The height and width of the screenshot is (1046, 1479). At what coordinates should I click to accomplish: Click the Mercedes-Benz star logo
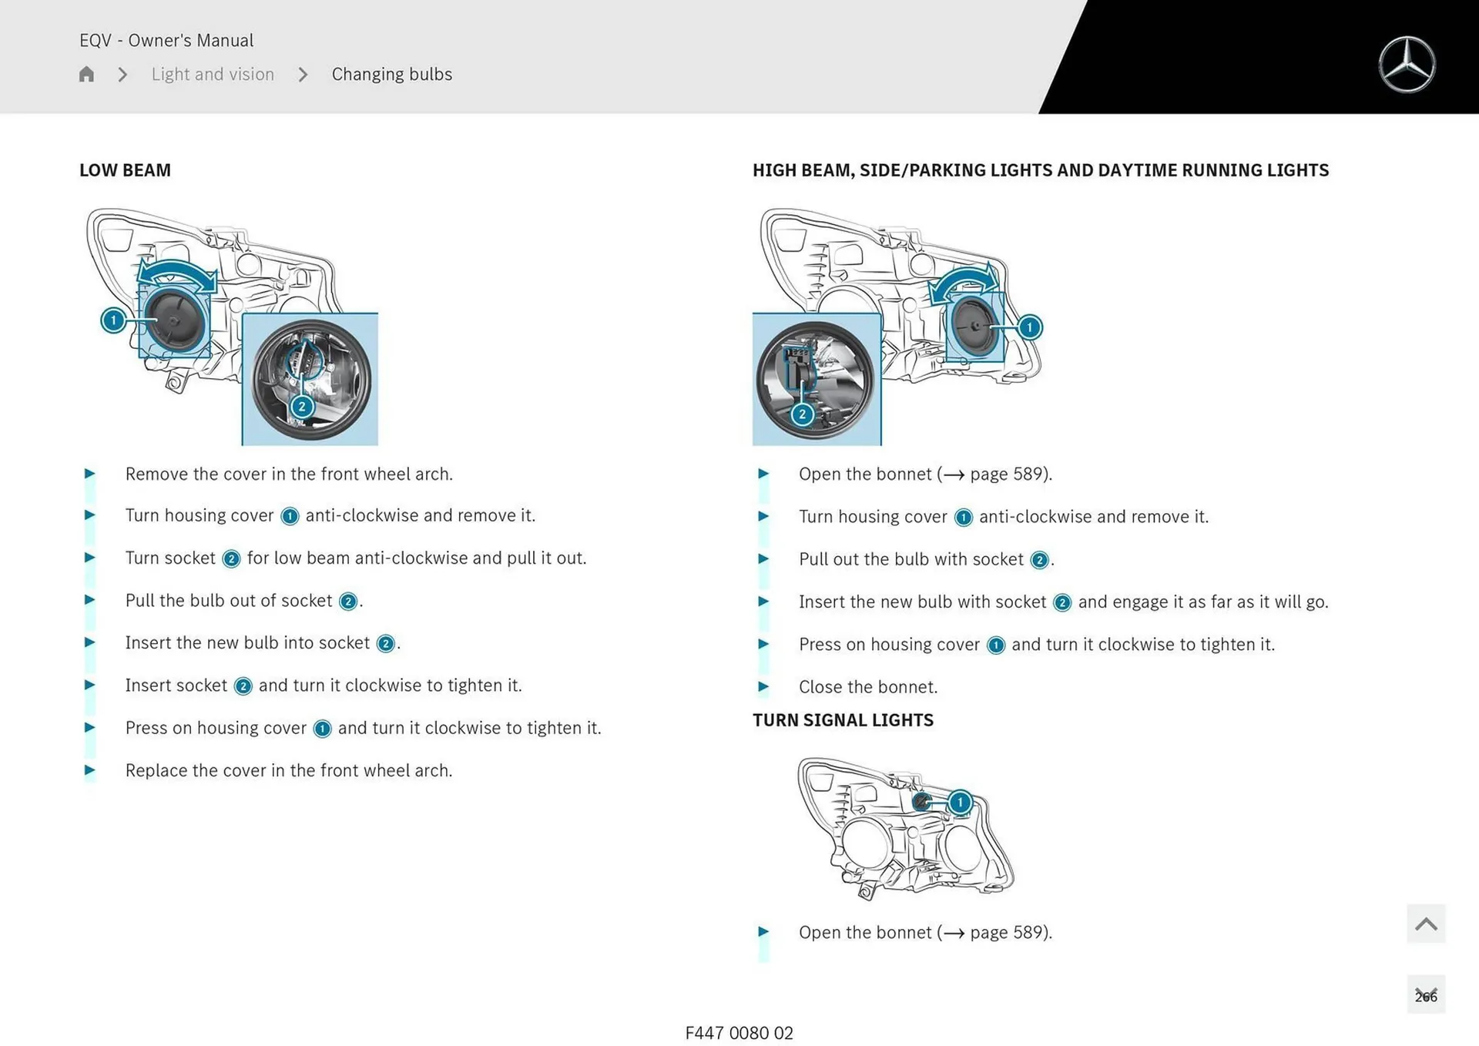(1407, 65)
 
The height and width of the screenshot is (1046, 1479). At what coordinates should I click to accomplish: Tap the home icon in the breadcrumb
(86, 74)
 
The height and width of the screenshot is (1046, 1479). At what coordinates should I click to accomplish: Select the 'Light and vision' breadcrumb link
(213, 74)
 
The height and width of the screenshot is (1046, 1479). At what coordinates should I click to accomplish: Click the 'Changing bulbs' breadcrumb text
(391, 74)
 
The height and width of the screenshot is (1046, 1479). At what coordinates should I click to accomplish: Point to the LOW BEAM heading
(125, 170)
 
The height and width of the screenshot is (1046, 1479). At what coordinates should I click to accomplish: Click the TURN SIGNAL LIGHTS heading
(843, 720)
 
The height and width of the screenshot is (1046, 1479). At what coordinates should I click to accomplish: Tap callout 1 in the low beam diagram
(113, 320)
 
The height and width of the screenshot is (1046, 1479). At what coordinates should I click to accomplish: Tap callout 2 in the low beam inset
(302, 407)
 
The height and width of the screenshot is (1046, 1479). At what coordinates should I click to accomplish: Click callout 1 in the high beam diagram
(1029, 327)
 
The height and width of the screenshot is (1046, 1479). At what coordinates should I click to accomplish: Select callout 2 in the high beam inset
(802, 414)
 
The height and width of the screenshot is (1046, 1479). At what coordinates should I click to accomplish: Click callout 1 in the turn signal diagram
(960, 803)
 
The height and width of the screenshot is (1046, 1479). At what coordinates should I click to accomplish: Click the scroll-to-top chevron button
(1425, 924)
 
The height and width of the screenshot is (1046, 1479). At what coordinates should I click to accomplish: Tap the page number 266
(1425, 996)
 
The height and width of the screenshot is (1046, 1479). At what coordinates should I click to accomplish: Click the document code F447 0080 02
(739, 1033)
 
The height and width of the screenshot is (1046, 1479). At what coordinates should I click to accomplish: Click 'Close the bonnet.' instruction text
(867, 687)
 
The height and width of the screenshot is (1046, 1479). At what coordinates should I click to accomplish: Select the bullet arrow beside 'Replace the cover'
(89, 770)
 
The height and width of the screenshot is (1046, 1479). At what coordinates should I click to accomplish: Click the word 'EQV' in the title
(96, 40)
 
